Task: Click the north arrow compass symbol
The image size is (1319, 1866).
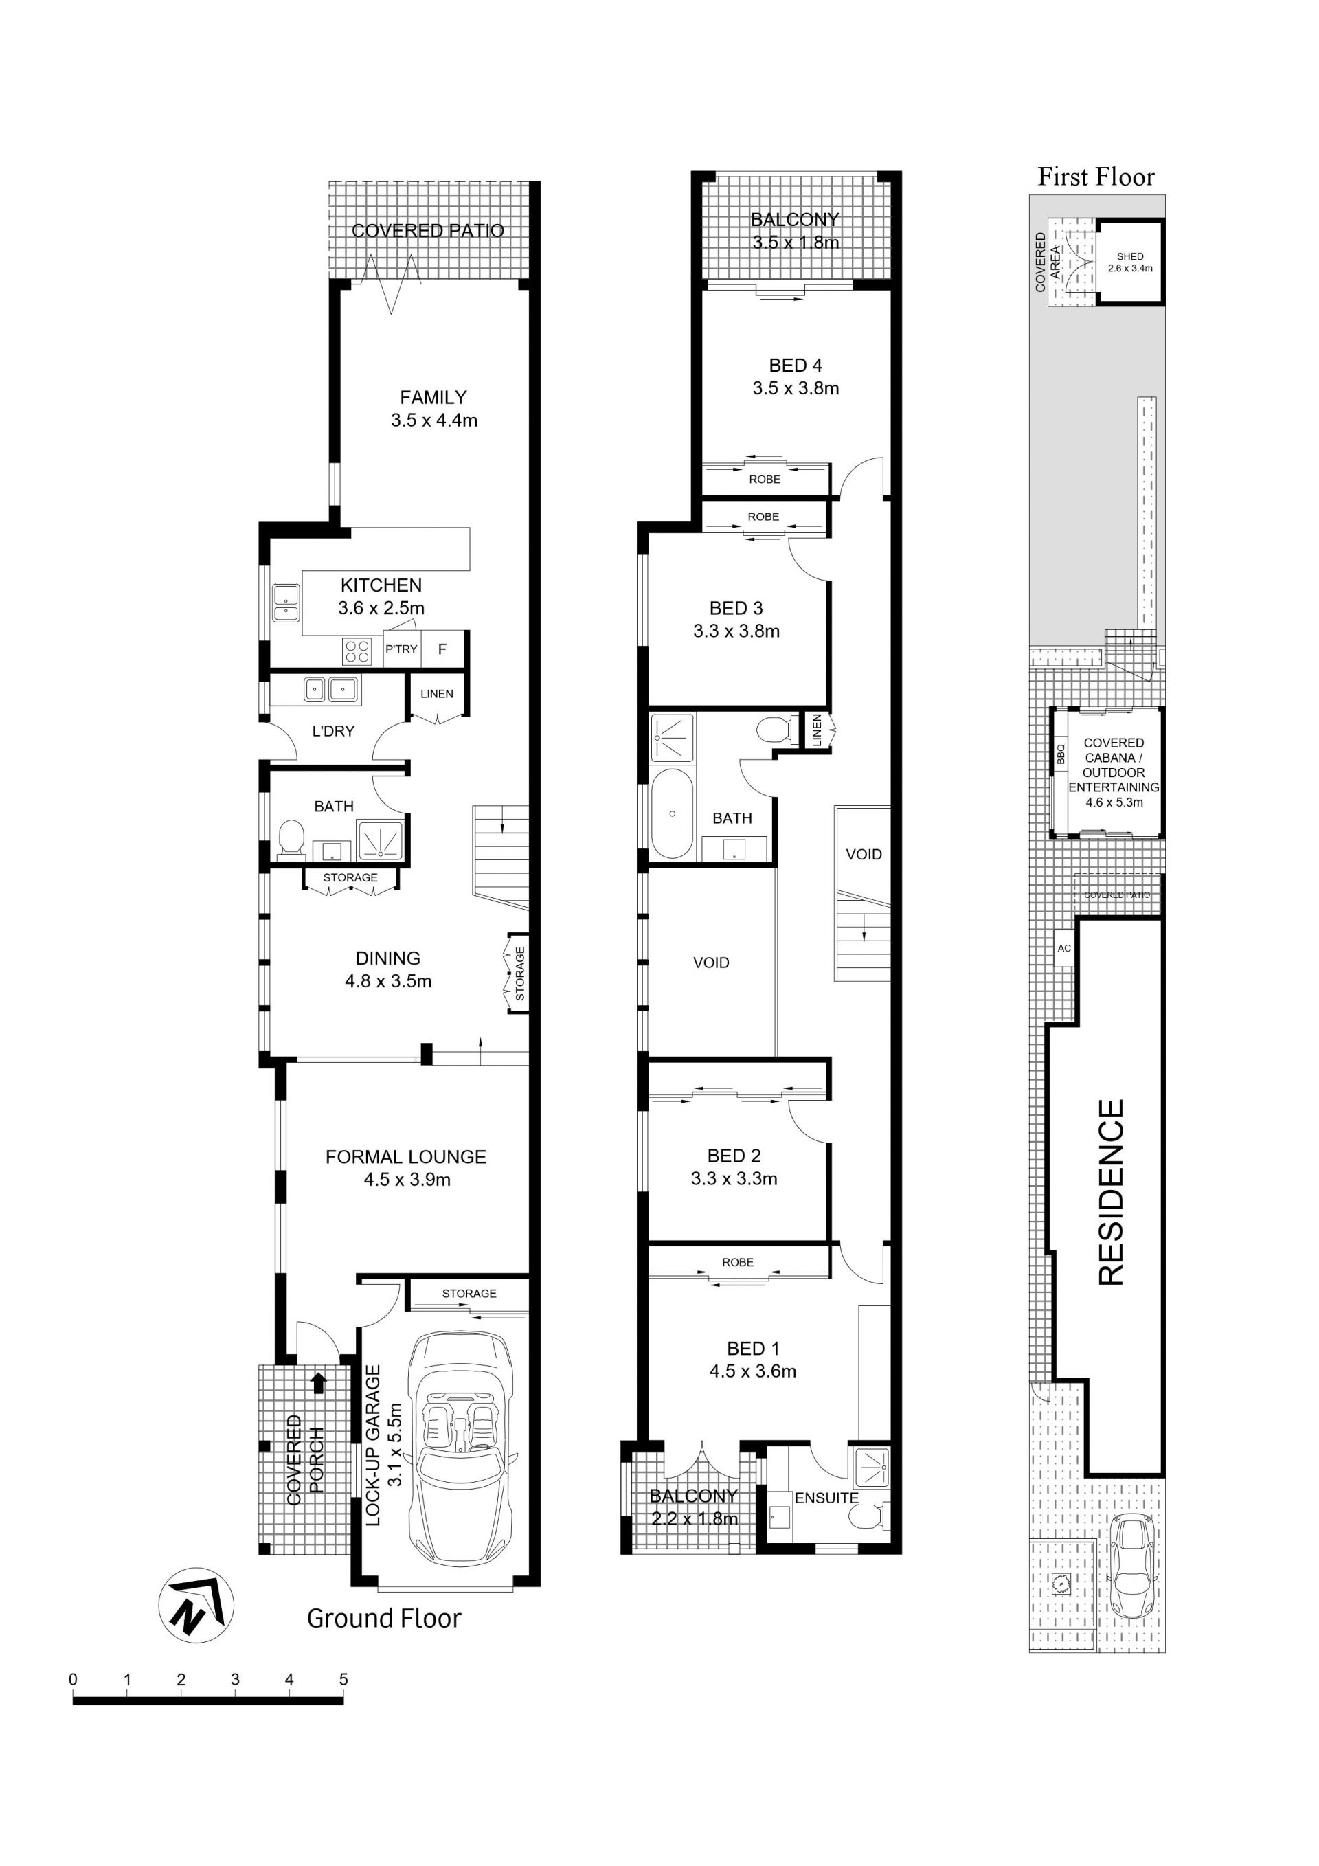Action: coord(195,1604)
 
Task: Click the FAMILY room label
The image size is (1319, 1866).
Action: coord(433,397)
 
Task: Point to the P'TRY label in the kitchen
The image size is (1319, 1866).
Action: coord(401,649)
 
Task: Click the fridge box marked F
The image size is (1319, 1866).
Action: coord(443,649)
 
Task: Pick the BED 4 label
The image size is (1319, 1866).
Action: coord(796,366)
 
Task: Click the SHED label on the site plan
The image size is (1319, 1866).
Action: coord(1129,257)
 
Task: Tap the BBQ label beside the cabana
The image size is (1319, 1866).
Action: coord(1060,755)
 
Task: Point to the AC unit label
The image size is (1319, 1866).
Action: coord(1064,947)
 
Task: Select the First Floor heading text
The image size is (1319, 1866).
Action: coord(1096,177)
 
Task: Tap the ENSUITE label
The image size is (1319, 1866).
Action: coord(826,1498)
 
